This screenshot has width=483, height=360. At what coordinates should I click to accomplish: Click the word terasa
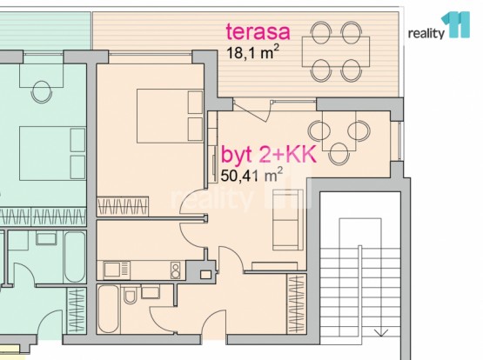(x=258, y=31)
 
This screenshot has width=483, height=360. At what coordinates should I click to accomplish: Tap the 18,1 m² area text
(x=253, y=52)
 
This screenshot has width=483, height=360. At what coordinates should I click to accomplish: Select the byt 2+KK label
(x=269, y=155)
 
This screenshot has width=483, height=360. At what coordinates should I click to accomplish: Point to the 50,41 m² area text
(x=252, y=175)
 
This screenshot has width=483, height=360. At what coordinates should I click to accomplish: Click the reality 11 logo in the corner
(x=439, y=26)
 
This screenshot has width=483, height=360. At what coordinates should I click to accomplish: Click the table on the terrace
(x=336, y=51)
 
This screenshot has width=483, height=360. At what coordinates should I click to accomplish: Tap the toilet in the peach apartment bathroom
(x=131, y=294)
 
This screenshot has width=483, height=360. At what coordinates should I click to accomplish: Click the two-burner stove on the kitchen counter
(x=175, y=270)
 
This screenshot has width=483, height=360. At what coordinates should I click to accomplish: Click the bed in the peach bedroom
(x=170, y=116)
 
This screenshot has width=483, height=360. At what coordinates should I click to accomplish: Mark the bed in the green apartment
(x=52, y=153)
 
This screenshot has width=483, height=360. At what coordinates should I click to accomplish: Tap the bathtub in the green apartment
(x=75, y=257)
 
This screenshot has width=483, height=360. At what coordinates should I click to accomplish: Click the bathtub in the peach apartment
(x=108, y=309)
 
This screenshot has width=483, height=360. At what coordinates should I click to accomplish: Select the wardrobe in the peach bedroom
(x=123, y=206)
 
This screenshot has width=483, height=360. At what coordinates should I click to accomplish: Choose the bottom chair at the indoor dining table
(x=339, y=154)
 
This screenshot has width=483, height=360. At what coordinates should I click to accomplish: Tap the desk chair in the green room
(x=41, y=91)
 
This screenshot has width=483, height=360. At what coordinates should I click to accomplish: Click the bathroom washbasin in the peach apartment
(x=150, y=291)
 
